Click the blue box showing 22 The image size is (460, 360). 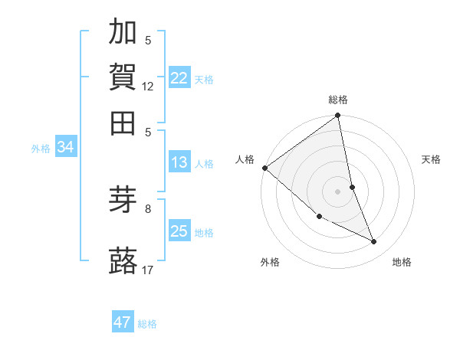pyautogui.click(x=179, y=77)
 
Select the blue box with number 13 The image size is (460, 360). pyautogui.click(x=179, y=162)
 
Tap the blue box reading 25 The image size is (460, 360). pyautogui.click(x=179, y=231)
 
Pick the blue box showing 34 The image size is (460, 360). pyautogui.click(x=65, y=147)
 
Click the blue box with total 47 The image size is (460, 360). pyautogui.click(x=123, y=322)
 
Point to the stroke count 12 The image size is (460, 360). pyautogui.click(x=148, y=87)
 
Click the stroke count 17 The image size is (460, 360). pyautogui.click(x=148, y=270)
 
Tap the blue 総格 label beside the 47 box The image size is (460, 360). pyautogui.click(x=147, y=324)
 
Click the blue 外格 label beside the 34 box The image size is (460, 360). pyautogui.click(x=41, y=149)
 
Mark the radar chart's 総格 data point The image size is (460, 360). pyautogui.click(x=338, y=116)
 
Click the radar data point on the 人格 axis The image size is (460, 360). pyautogui.click(x=264, y=168)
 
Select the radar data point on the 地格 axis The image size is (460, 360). pyautogui.click(x=374, y=242)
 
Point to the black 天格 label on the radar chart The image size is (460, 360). pyautogui.click(x=432, y=159)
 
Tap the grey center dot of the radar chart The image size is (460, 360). pyautogui.click(x=338, y=191)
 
